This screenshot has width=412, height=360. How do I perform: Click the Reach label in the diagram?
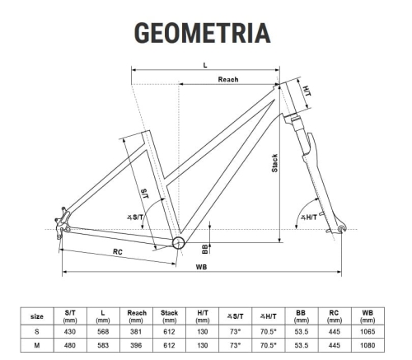point(228,79)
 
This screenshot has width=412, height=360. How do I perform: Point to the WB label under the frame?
point(202,268)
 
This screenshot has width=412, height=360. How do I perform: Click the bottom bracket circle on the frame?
point(178,242)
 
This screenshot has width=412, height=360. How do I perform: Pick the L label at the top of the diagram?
point(204,63)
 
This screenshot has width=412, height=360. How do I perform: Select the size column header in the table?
point(37,316)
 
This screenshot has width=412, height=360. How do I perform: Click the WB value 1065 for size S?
point(368,332)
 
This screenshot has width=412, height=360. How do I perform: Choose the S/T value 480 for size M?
point(70,345)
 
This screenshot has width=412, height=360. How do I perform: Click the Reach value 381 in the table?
point(136,332)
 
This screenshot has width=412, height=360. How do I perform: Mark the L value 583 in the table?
point(103,345)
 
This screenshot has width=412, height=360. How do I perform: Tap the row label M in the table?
point(37,345)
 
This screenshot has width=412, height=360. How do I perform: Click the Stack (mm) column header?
point(169,316)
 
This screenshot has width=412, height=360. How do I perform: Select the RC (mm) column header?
point(334,316)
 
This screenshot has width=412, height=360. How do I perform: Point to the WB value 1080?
point(368,345)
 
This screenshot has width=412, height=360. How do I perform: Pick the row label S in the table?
point(37,332)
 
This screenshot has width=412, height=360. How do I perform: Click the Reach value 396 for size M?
point(136,345)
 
